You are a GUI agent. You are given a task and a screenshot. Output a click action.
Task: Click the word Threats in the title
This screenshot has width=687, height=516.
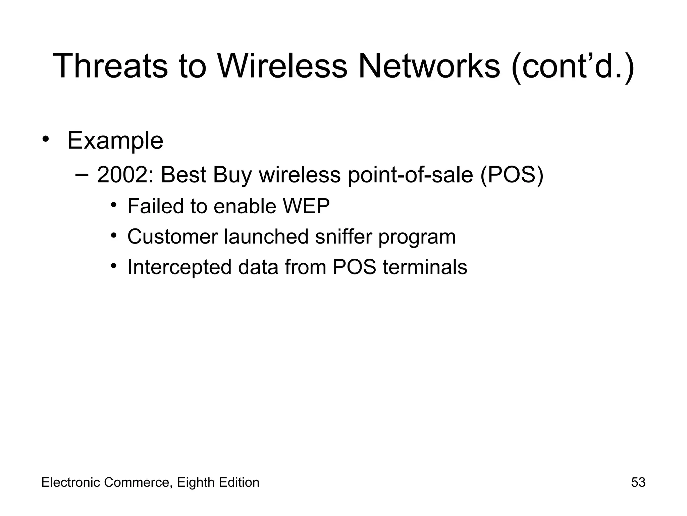110,66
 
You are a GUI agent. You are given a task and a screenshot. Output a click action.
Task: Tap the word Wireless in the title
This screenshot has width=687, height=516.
282,66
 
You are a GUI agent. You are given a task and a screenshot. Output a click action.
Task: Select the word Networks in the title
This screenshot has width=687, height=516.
429,66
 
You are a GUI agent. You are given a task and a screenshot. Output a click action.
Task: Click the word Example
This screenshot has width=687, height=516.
115,140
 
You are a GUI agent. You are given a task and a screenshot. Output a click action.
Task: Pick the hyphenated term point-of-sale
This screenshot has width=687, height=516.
410,175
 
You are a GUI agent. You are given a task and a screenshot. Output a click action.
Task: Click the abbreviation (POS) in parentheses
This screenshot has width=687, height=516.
512,175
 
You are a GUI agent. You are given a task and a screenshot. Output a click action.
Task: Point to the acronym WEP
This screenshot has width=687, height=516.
306,206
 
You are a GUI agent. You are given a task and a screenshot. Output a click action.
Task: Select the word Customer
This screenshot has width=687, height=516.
172,236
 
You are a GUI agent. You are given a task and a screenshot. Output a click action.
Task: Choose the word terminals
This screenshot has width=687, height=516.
425,267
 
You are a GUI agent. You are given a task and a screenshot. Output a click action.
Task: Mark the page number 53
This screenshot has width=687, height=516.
638,482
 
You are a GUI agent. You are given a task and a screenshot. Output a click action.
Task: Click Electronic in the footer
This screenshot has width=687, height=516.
71,482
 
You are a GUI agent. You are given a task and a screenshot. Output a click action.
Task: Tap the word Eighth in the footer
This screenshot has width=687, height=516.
196,482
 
